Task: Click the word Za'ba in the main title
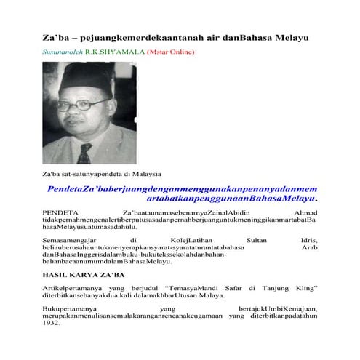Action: click(x=52, y=36)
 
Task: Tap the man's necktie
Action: click(x=86, y=154)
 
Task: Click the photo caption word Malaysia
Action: click(x=145, y=175)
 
